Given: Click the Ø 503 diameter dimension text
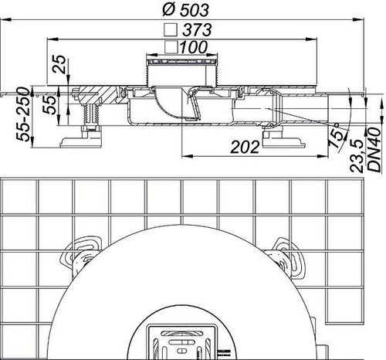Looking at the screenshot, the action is [x=185, y=10].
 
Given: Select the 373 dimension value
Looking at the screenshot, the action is [x=197, y=29].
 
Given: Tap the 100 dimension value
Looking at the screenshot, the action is [x=193, y=47].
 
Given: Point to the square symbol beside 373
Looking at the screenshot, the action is [x=171, y=30].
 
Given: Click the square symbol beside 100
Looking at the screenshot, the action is [x=171, y=47].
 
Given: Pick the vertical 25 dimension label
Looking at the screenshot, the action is [x=59, y=64].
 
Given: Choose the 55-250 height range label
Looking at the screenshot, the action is [x=23, y=114].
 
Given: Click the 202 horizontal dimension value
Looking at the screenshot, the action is [x=245, y=148].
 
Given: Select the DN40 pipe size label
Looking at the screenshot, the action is [x=374, y=149].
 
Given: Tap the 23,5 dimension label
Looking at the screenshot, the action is [x=357, y=156].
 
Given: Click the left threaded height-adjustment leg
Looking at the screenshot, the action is [x=90, y=114].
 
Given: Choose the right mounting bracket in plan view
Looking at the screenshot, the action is [x=287, y=257].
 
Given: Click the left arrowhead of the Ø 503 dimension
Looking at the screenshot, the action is [x=5, y=19].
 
